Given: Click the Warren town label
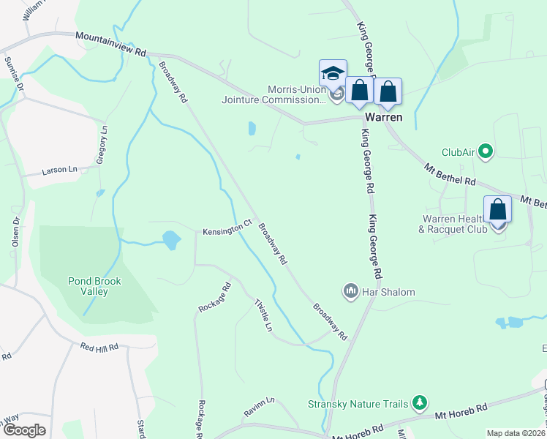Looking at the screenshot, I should click(384, 116).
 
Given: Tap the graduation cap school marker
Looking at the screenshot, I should click(332, 74).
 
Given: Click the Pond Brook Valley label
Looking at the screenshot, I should click(94, 286).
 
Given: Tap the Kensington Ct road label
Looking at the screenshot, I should click(227, 230).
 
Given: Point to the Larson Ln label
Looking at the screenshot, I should click(59, 169).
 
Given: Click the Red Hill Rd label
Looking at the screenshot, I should click(99, 347).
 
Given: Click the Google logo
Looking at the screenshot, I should click(24, 430).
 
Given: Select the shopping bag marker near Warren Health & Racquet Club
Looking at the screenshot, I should click(498, 209).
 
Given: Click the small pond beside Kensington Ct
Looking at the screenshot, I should click(171, 239).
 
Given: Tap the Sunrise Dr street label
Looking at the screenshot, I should click(14, 73).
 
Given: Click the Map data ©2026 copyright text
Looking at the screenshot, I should click(516, 433).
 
